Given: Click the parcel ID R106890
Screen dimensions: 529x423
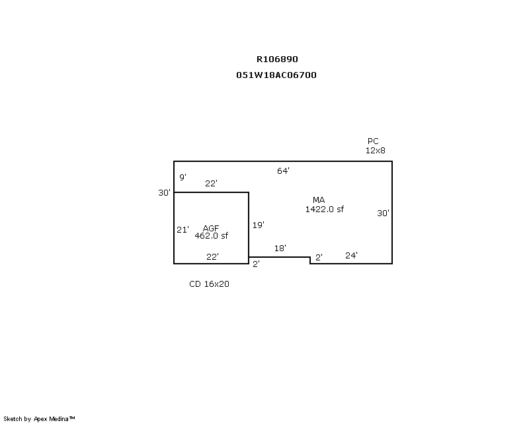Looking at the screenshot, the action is [277, 59].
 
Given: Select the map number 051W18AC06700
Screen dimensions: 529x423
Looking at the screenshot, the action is [276, 75].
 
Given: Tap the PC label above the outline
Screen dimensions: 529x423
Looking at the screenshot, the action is [373, 141].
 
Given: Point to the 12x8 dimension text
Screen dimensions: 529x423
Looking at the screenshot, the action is [376, 151].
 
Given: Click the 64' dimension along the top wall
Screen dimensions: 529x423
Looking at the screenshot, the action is [284, 171].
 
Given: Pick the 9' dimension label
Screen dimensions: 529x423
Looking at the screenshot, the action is [183, 177].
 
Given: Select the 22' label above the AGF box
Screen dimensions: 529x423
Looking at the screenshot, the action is [211, 184].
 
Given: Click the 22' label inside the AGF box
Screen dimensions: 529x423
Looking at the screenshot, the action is [212, 257].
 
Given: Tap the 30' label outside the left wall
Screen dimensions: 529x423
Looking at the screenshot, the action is [165, 192].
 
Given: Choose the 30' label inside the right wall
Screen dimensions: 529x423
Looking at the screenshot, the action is [384, 213].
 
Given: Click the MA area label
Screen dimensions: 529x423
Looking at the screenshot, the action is [319, 200].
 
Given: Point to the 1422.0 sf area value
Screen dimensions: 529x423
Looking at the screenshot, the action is [325, 210].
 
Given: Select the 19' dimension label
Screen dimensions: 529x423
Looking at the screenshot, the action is [259, 225].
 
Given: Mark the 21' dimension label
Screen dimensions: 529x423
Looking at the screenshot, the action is [183, 230].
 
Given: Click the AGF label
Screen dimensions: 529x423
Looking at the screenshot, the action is [211, 229].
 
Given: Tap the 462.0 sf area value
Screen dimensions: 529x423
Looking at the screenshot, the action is [212, 236].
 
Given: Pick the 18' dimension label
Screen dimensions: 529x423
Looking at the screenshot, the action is [280, 249].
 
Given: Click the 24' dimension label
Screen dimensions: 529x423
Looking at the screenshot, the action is [352, 255].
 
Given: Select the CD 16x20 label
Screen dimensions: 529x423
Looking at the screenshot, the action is [209, 284].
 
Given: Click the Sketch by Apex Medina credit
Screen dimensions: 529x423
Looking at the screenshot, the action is [39, 419].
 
